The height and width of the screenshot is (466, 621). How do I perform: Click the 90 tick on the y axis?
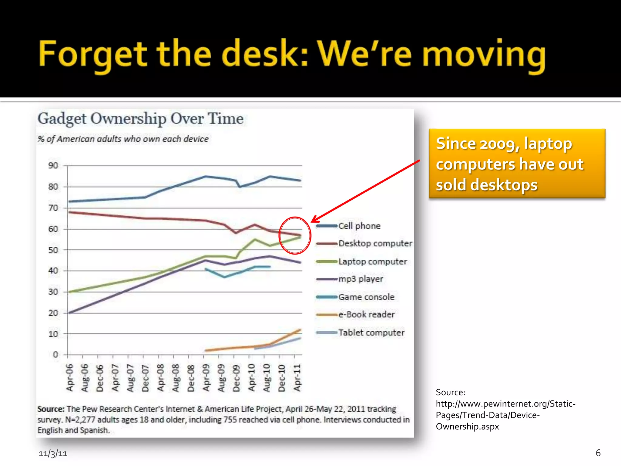[x=53, y=166]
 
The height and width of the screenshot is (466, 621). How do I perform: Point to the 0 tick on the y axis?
[x=55, y=354]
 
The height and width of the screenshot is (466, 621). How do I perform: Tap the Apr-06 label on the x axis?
[x=70, y=378]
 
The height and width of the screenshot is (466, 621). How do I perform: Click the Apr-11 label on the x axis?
[x=297, y=378]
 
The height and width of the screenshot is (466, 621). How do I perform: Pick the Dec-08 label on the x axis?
[x=191, y=378]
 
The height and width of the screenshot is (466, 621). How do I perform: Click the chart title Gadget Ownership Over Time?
[x=140, y=119]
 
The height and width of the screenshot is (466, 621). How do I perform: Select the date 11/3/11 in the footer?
[x=53, y=454]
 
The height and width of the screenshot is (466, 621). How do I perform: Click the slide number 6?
[x=598, y=453]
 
